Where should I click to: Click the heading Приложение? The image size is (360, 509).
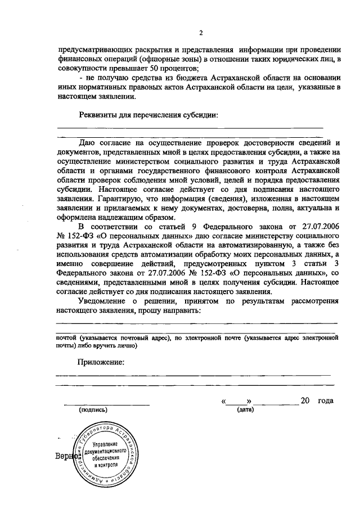click(x=101, y=362)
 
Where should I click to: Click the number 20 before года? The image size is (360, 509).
click(x=305, y=400)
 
